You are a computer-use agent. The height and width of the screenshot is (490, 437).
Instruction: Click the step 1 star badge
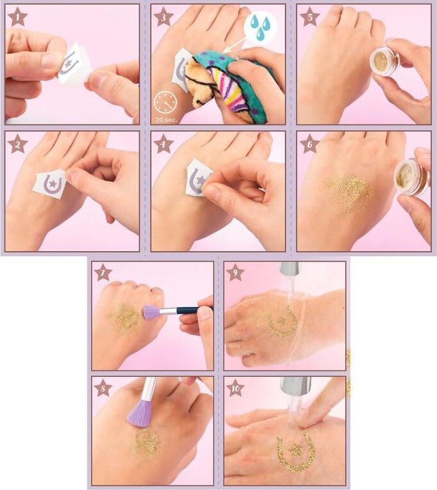click(17, 17)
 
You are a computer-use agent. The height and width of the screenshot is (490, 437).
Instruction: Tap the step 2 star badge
click(17, 144)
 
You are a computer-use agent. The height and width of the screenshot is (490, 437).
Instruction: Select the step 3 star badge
click(163, 17)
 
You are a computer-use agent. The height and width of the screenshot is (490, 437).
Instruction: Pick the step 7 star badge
click(103, 274)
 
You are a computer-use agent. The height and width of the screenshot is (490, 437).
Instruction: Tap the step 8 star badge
click(103, 388)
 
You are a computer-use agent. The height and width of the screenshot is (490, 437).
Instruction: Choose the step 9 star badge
click(235, 274)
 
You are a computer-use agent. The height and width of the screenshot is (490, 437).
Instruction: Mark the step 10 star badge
click(235, 388)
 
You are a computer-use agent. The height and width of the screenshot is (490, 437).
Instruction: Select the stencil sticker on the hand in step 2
click(49, 185)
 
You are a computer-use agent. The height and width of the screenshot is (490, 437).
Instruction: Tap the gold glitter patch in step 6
click(350, 189)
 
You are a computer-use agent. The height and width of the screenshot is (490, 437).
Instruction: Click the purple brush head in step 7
click(151, 312)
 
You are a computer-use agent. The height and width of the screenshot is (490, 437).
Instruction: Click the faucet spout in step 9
click(290, 270)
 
